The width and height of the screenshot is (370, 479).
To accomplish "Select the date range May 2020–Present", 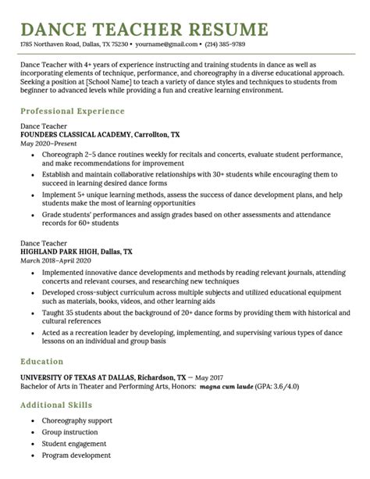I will click(x=48, y=143).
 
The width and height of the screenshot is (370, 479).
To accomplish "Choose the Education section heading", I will click(x=41, y=362).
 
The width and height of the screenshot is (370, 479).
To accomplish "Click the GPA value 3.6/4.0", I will click(x=283, y=386).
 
